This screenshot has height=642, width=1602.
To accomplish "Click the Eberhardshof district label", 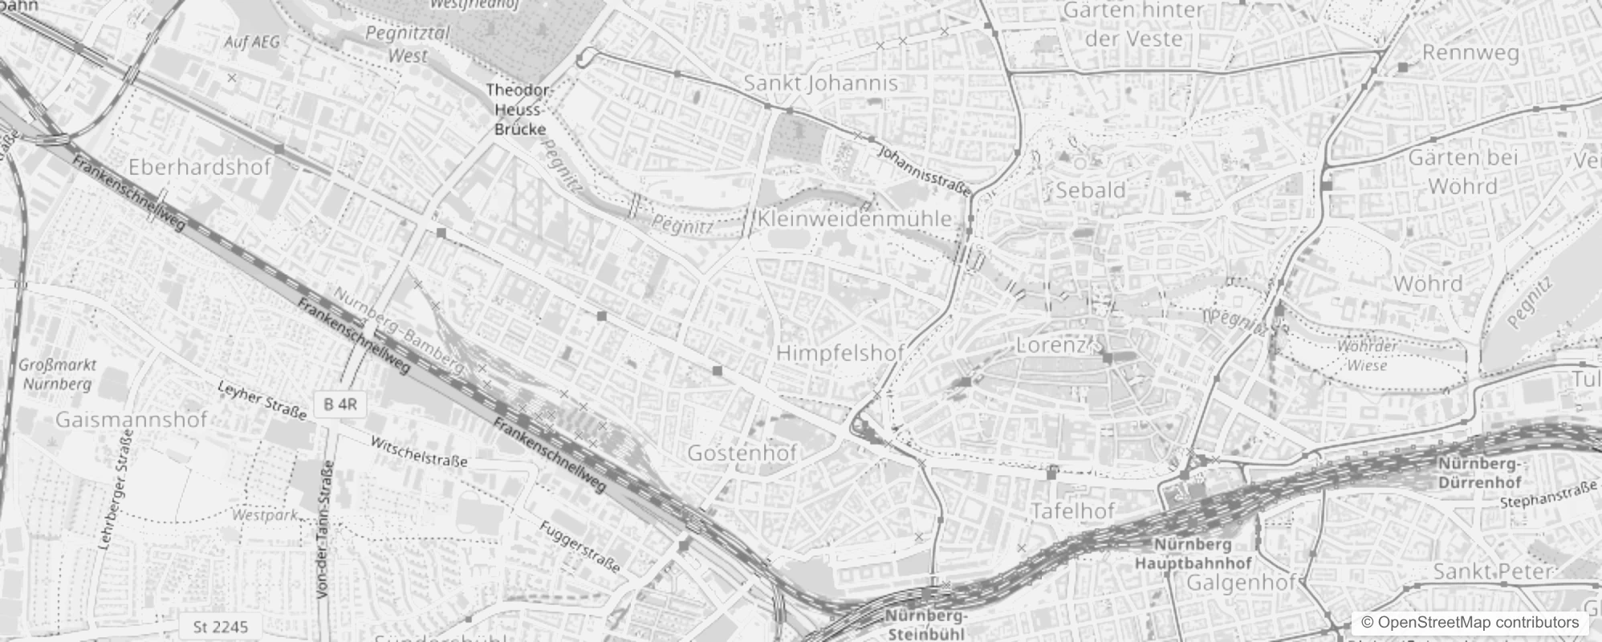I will point(200,167).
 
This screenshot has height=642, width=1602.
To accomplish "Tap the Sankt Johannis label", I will point(820,83).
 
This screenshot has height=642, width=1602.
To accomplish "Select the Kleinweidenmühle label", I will point(854,218).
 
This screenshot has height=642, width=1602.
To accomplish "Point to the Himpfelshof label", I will point(840,352).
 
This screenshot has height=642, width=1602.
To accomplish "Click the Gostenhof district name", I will point(742,453).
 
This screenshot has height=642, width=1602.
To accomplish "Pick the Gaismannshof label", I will point(132,419).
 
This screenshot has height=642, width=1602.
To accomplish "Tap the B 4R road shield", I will point(340,404).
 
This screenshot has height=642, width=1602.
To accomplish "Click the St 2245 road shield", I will point(221,626).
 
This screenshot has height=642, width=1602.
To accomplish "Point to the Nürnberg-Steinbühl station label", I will point(927,624).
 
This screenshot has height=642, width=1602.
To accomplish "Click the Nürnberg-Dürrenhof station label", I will point(1479,473).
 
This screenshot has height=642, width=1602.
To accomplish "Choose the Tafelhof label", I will point(1073,510).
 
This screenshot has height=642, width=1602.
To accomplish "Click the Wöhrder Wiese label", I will point(1367,356).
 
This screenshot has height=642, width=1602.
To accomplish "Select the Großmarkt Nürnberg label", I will point(57,374).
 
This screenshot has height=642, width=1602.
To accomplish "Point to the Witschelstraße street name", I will point(418,451).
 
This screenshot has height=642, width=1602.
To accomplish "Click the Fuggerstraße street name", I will point(579,547).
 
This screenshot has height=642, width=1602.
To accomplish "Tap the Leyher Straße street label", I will point(262,400).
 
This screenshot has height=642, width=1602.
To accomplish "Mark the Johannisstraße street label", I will point(925,169).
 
